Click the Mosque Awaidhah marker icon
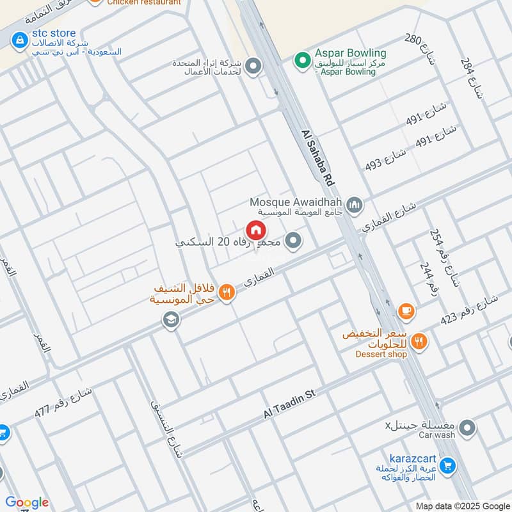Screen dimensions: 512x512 [x=356, y=205]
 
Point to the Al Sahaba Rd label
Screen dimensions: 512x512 [x=318, y=157]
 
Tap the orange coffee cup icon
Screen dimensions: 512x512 [x=406, y=311]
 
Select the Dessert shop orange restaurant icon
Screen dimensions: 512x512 [x=419, y=342]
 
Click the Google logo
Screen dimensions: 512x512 [x=27, y=502]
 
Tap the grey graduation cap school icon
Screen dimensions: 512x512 [x=171, y=319]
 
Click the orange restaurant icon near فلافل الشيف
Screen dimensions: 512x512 [x=226, y=293]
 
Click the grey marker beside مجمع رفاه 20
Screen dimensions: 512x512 [x=294, y=241]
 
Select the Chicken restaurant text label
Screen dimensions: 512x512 [x=143, y=3]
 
